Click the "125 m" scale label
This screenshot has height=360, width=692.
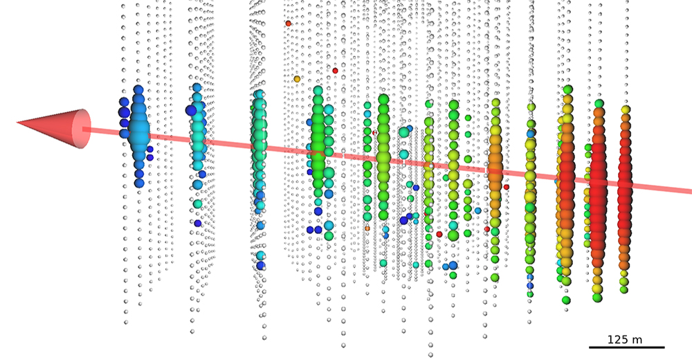(625, 339)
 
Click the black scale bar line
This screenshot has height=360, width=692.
(626, 347)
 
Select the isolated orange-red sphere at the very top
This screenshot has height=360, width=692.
(288, 24)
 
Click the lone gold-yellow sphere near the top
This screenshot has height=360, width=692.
(297, 79)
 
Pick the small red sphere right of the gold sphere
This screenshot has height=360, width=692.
(335, 71)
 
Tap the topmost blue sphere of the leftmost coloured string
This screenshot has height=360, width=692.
(138, 90)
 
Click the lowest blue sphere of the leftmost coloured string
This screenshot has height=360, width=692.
(139, 183)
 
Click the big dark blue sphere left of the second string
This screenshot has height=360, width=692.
(191, 110)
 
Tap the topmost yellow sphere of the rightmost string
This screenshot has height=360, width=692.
(625, 109)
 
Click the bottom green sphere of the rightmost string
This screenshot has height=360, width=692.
(623, 290)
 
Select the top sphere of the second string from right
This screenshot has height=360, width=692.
(599, 104)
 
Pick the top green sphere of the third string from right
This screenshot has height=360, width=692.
(567, 89)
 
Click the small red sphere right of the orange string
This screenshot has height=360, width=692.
(506, 187)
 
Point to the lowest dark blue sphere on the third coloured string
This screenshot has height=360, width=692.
(260, 265)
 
